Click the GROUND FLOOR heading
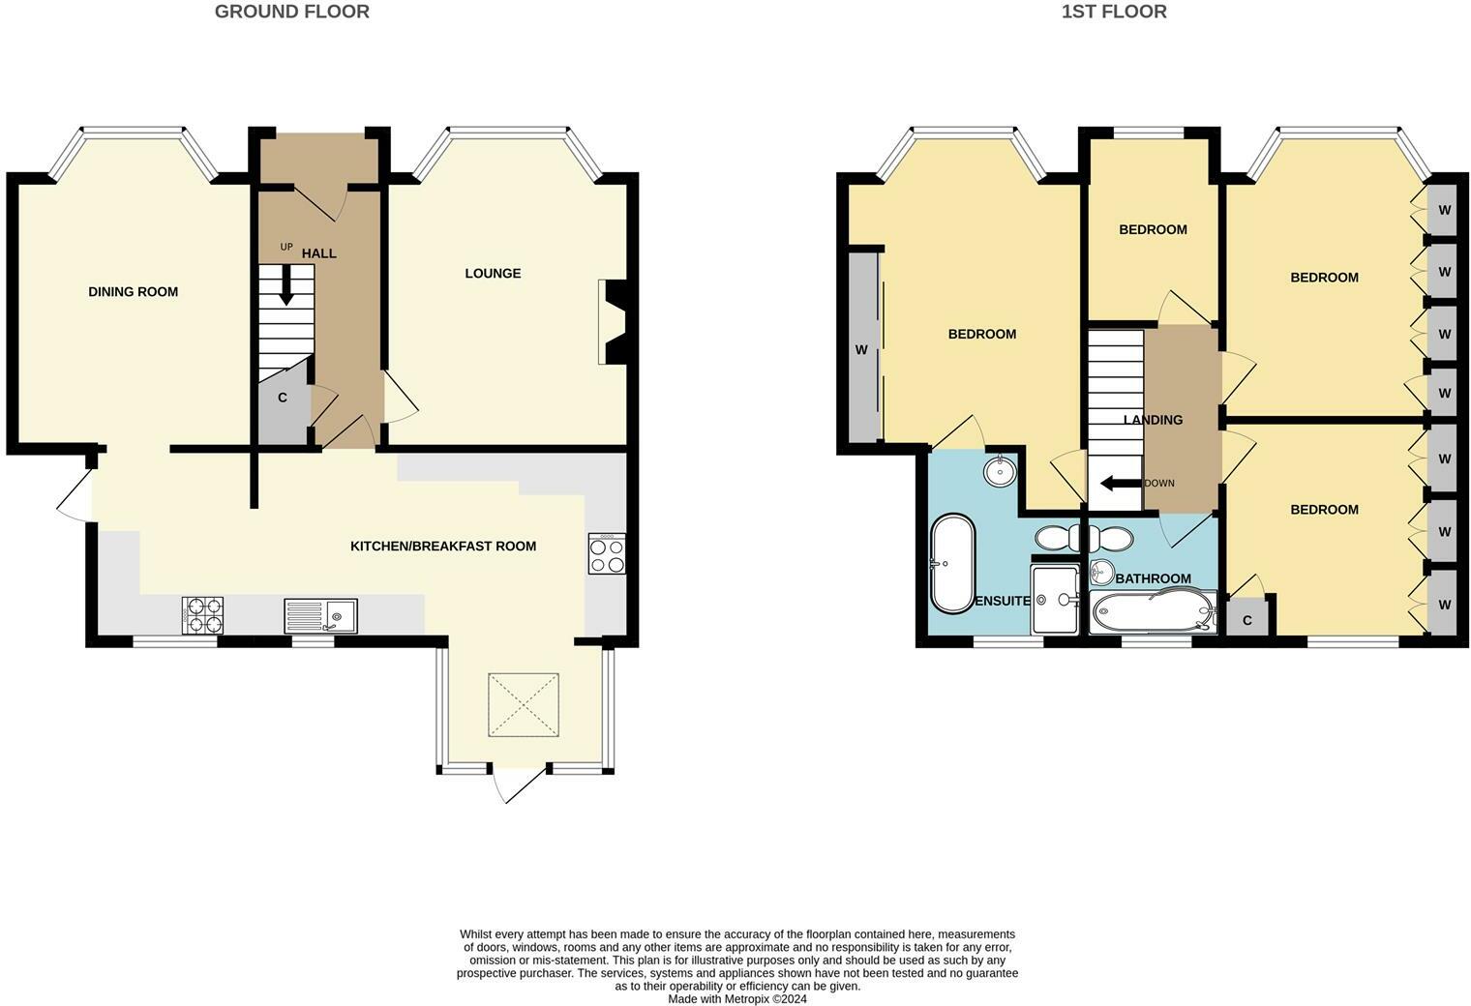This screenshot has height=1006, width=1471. click(x=292, y=12)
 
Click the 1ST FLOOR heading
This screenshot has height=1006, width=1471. click(x=1115, y=12)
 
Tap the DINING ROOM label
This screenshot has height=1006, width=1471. click(x=134, y=292)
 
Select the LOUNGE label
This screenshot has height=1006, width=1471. click(x=494, y=274)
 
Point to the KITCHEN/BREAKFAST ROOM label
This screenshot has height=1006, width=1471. click(x=443, y=546)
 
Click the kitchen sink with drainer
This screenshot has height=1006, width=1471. click(x=321, y=615)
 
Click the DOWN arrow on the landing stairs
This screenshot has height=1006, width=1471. click(x=1122, y=484)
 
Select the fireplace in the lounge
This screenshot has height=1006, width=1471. click(x=612, y=322)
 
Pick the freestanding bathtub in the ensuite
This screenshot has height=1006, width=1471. click(x=953, y=564)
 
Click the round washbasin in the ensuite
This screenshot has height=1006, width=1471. click(x=1000, y=470)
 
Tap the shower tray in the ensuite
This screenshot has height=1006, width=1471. click(x=1055, y=599)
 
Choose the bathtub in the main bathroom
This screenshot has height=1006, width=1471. click(x=1154, y=611)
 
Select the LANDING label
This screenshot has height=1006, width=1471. click(x=1154, y=420)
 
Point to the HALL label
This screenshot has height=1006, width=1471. click(x=319, y=253)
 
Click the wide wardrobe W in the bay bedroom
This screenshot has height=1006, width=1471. click(x=863, y=347)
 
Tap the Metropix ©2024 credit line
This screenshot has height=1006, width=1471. click(x=737, y=999)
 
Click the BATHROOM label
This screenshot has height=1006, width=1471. click(x=1154, y=578)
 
